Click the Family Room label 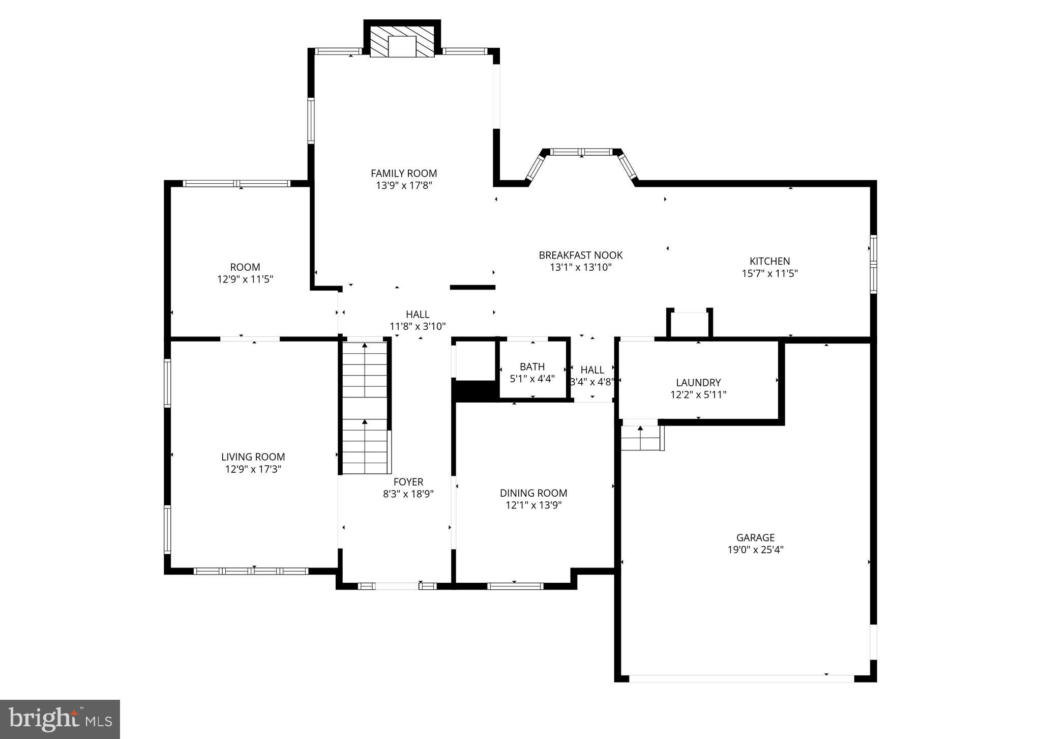tap(403, 174)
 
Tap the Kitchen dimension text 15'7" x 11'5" tap(769, 273)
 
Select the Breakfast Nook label tap(580, 255)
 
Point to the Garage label tap(755, 537)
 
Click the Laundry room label tap(698, 382)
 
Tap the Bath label tap(532, 366)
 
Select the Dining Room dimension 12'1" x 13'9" tap(533, 505)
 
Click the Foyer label tap(408, 481)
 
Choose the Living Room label tap(253, 457)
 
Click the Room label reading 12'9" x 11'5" tap(245, 267)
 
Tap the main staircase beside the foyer tap(365, 407)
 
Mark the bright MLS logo tap(60, 719)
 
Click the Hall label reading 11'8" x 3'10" tap(417, 315)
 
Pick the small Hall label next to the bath tap(592, 370)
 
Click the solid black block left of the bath tap(474, 391)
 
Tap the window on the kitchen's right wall tap(873, 264)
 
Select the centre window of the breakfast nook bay tap(581, 152)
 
